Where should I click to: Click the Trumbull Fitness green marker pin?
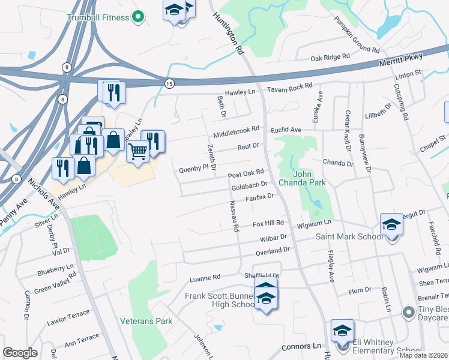point(138,17)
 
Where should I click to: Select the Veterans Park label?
point(146,321)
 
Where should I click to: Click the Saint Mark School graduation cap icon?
point(391,225)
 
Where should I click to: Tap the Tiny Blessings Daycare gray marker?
point(408,313)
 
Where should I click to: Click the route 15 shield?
point(170,82)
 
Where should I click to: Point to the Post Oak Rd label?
point(246,175)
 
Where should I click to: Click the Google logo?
point(20,353)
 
